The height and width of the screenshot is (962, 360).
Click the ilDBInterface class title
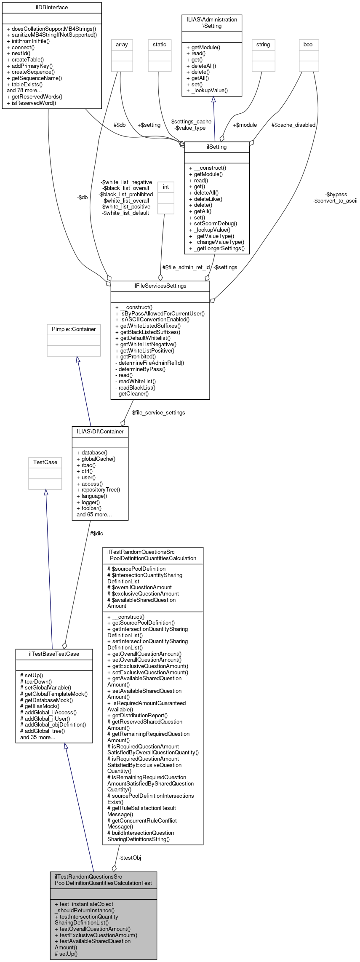pyautogui.click(x=52, y=8)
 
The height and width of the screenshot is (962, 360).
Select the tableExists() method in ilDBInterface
pyautogui.click(x=27, y=84)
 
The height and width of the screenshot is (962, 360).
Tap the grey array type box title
pyautogui.click(x=122, y=45)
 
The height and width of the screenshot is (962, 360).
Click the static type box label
pyautogui.click(x=160, y=45)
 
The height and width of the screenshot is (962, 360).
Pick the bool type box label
pyautogui.click(x=309, y=45)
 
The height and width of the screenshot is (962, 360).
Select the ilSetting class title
pyautogui.click(x=217, y=147)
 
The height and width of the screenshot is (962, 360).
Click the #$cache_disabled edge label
pyautogui.click(x=293, y=125)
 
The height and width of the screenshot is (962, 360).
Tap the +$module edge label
pyautogui.click(x=245, y=125)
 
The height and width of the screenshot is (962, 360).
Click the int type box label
pyautogui.click(x=166, y=187)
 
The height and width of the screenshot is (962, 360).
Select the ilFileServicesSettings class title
pyautogui.click(x=160, y=286)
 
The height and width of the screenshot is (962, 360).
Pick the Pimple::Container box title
pyautogui.click(x=74, y=329)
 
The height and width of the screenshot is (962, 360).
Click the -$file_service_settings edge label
pyautogui.click(x=158, y=413)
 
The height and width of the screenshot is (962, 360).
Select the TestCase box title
pyautogui.click(x=45, y=462)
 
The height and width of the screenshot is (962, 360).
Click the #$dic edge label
pyautogui.click(x=96, y=534)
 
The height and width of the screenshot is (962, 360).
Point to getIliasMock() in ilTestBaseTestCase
pyautogui.click(x=43, y=706)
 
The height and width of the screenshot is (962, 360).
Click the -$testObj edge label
pyautogui.click(x=130, y=858)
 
